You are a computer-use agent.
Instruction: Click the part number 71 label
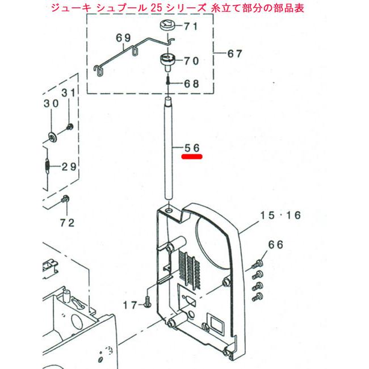190,27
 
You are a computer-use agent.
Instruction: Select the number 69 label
123,38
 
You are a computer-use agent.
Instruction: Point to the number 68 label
191,83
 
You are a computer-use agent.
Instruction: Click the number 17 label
130,305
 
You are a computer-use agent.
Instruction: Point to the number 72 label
67,223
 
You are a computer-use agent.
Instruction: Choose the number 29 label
69,166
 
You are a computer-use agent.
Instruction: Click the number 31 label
68,93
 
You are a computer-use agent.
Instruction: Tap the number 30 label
51,104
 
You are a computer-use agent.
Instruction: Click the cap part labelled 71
167,25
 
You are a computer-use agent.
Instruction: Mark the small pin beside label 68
169,82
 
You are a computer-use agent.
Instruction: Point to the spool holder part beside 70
168,60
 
